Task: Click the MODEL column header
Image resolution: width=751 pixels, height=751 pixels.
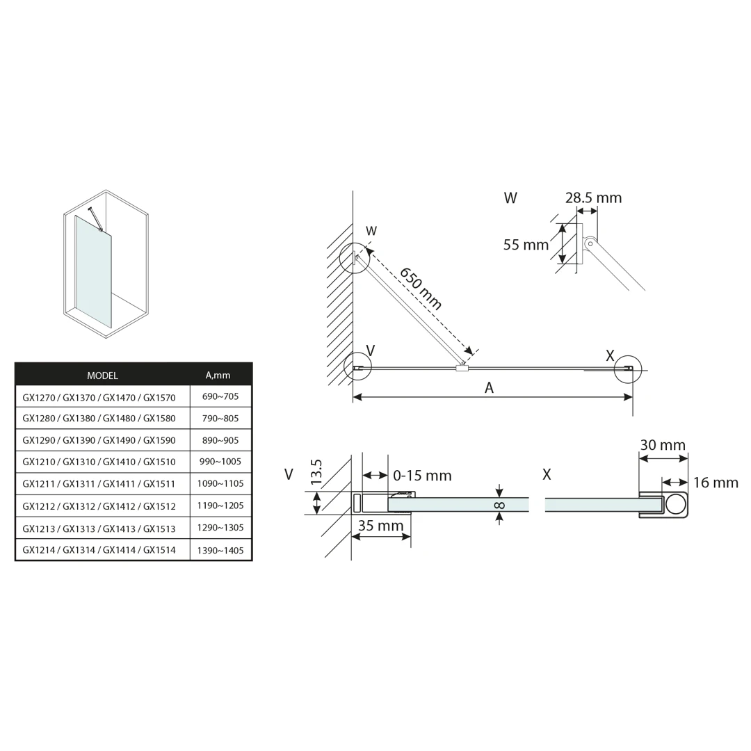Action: (102, 375)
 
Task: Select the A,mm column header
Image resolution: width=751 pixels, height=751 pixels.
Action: (218, 375)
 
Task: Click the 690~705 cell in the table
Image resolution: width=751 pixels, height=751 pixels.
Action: (220, 396)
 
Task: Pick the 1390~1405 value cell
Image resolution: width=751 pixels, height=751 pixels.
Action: (220, 550)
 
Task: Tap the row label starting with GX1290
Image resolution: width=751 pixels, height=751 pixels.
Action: (99, 440)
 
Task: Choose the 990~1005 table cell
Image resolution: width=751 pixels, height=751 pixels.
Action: (220, 462)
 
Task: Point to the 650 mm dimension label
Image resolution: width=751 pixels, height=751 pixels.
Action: (421, 289)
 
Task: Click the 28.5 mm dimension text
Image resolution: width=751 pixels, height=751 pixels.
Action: (593, 197)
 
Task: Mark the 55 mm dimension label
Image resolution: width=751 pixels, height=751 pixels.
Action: (526, 245)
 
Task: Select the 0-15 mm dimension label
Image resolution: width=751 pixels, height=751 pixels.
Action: (423, 476)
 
